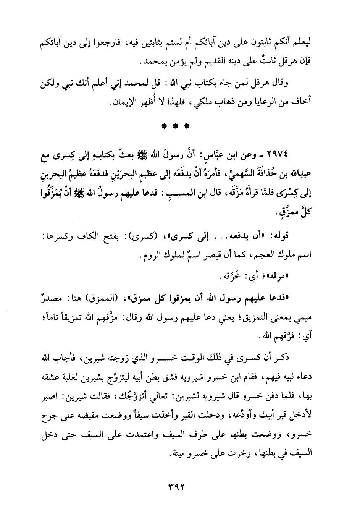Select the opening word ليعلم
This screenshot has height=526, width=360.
click(x=310, y=42)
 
